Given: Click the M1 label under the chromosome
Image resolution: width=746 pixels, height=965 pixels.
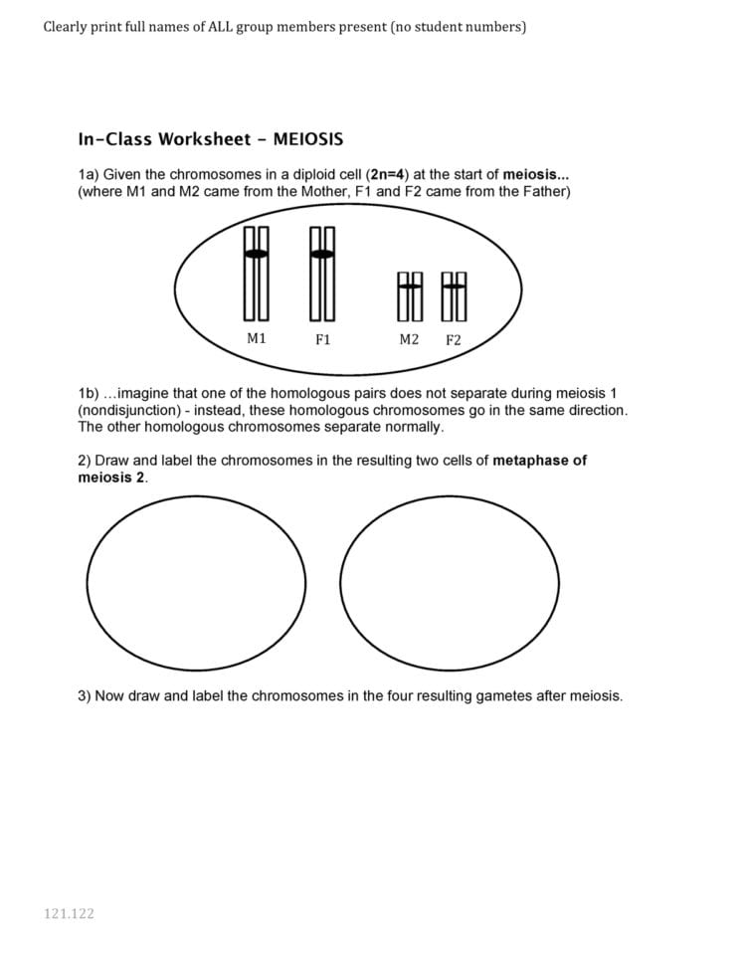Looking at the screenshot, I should pos(257,338).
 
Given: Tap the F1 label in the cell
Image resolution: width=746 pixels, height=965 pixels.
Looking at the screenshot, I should pos(322,340).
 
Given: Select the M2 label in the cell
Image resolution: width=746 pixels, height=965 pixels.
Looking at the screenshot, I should pos(409,339).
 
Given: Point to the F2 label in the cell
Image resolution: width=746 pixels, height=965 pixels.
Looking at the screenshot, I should pos(454,340).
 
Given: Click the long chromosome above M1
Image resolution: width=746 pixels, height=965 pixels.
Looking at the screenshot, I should pos(257,274).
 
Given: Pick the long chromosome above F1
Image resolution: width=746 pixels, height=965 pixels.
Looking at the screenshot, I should pos(322,274).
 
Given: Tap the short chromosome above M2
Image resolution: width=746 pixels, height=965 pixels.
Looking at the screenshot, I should pos(410,296).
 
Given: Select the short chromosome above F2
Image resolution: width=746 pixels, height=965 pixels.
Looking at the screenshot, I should pos(455,296).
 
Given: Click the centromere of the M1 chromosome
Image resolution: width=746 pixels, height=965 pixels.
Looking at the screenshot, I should pos(257,255).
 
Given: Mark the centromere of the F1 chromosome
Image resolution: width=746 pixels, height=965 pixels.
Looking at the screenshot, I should pos(322,255).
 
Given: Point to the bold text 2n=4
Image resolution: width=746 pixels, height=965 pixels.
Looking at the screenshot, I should pos(387,174).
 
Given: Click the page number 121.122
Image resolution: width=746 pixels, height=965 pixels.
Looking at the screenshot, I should pos(69,913).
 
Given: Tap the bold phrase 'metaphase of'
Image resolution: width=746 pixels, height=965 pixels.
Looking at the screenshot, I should pos(539,461).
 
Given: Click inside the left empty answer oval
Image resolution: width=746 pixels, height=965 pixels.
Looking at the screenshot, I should pos(197,582).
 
